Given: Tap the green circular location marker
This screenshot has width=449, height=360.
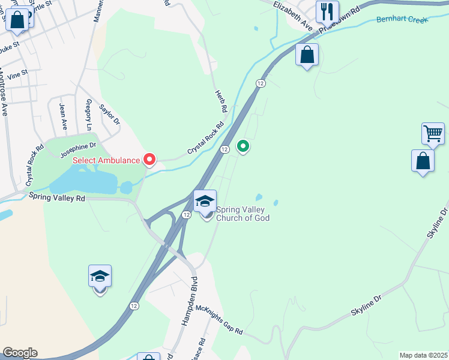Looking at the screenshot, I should (x=243, y=146).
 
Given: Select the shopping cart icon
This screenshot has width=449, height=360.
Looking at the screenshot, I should (x=433, y=133).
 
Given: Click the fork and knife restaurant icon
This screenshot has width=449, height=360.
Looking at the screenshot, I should (x=327, y=11).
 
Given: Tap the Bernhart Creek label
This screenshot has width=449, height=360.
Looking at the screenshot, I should (x=402, y=20).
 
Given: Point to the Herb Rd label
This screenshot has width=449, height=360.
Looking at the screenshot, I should (x=221, y=102).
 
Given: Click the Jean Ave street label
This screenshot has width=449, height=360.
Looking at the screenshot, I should (x=63, y=116).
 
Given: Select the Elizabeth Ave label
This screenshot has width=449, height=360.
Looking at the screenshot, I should (x=293, y=16).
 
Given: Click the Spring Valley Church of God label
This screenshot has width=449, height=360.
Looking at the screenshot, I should (x=243, y=214).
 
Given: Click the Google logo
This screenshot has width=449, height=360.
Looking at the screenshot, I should (x=20, y=353).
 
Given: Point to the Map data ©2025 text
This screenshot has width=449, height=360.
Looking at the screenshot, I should (x=423, y=355).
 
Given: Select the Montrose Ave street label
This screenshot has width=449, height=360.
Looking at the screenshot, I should (x=4, y=93).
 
